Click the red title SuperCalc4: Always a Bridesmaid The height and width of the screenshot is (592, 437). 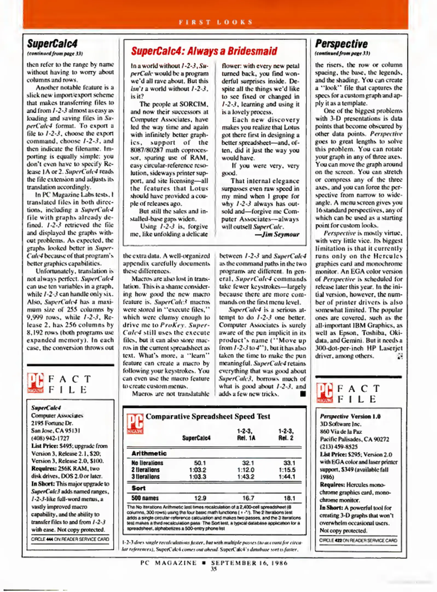point(204,51)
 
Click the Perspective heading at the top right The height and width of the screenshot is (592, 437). point(341,44)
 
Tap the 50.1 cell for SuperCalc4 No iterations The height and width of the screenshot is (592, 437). point(200,463)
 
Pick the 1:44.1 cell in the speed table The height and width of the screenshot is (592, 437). point(287,477)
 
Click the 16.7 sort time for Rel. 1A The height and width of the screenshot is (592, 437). point(248,498)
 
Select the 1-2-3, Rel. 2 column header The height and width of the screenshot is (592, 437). point(286,434)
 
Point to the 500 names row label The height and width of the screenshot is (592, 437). point(145,498)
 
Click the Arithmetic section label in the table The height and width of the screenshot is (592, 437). point(149,453)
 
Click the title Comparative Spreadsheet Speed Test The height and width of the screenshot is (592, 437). point(208,417)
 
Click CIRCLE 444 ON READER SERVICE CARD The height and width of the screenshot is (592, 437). point(70,539)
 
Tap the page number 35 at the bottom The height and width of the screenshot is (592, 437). point(214,569)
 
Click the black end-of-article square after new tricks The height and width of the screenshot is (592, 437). point(303,394)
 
